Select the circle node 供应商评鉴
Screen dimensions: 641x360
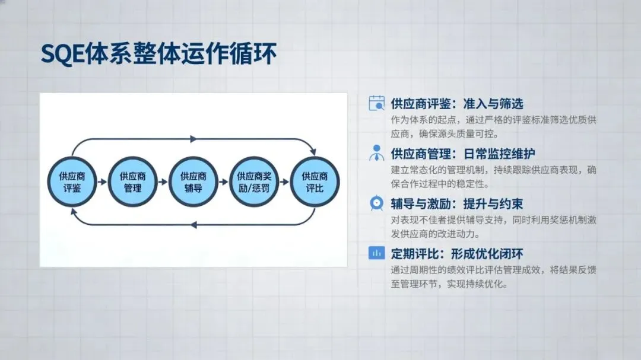[x=72, y=182]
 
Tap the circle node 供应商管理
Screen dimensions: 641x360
[x=133, y=182]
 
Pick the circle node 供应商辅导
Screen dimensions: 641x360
[x=193, y=182]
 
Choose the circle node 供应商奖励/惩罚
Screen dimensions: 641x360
[x=254, y=182]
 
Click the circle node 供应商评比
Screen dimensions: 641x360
[x=315, y=182]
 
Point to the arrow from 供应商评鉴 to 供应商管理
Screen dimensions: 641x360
[x=102, y=182]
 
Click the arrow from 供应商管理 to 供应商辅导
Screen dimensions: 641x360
[x=163, y=182]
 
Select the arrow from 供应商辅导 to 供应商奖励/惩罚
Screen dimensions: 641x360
[x=224, y=182]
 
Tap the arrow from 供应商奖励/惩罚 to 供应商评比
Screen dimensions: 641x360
[x=284, y=182]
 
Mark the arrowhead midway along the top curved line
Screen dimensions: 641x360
[x=193, y=139]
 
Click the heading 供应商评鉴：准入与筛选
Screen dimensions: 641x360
[x=457, y=104]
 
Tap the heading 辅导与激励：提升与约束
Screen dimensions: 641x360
[x=457, y=204]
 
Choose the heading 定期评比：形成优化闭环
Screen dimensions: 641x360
[x=457, y=254]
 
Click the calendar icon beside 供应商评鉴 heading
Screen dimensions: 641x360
[x=376, y=103]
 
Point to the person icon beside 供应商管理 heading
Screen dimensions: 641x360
[x=376, y=153]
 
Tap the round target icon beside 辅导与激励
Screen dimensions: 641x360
[x=376, y=203]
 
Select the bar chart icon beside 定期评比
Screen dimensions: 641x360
[x=376, y=253]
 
